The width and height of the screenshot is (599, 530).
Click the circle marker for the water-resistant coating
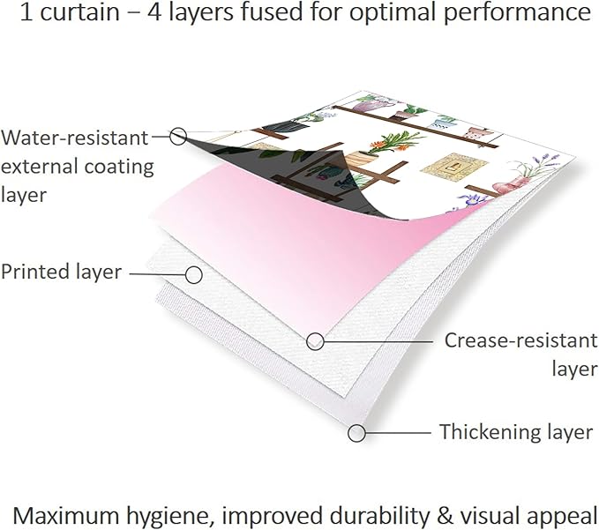coord(178,137)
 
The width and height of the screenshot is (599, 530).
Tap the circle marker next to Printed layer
coord(194,275)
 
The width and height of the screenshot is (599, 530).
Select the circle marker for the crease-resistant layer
coord(315,341)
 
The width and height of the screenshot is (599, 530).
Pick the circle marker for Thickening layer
coord(356,433)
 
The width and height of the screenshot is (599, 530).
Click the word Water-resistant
coord(74,138)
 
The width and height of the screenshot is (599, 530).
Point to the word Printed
coord(35,272)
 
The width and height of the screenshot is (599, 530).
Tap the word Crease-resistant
coord(521,340)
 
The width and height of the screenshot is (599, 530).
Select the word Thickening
coord(490,432)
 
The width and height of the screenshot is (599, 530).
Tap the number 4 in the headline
coord(154,11)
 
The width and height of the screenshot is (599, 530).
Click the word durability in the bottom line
coord(379,516)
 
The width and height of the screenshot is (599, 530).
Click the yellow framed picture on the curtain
coord(453,168)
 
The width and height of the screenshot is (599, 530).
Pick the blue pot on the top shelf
coord(442,122)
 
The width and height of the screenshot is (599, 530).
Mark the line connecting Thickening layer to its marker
coord(398,433)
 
